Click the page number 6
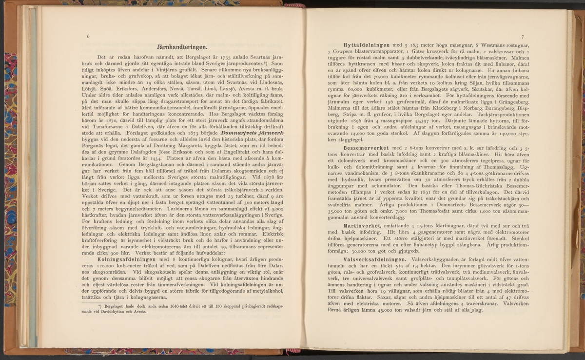88,37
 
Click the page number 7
522,37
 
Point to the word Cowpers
343,51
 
